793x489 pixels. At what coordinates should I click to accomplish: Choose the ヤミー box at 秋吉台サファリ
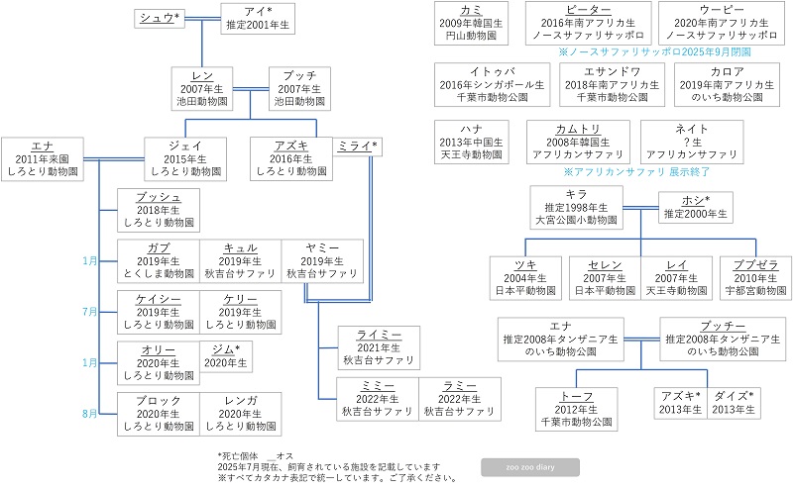coord(321,259)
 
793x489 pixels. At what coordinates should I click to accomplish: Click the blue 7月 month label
coord(90,312)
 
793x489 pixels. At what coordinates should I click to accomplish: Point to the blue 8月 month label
coord(90,414)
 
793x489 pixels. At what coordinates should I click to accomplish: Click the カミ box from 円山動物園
coord(471,23)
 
